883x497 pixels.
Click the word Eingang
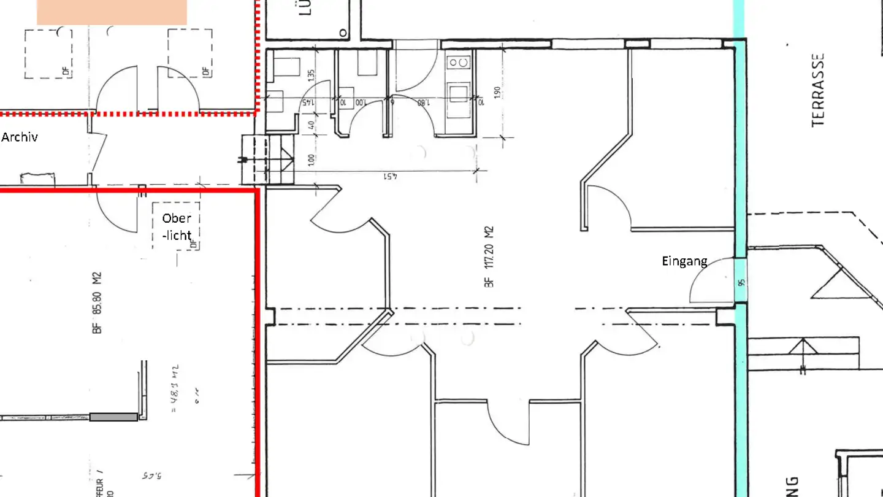(684, 261)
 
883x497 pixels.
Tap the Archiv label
(20, 137)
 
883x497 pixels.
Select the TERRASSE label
(818, 91)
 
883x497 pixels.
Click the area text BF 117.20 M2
(489, 256)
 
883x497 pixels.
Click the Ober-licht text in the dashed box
(177, 226)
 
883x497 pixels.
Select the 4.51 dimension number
(391, 177)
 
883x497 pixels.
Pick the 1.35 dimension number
(312, 76)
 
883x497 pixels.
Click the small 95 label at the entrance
(741, 283)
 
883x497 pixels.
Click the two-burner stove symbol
(459, 62)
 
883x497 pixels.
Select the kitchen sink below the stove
(458, 94)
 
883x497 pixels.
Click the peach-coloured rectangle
(112, 12)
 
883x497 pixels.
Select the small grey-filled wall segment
(113, 417)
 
